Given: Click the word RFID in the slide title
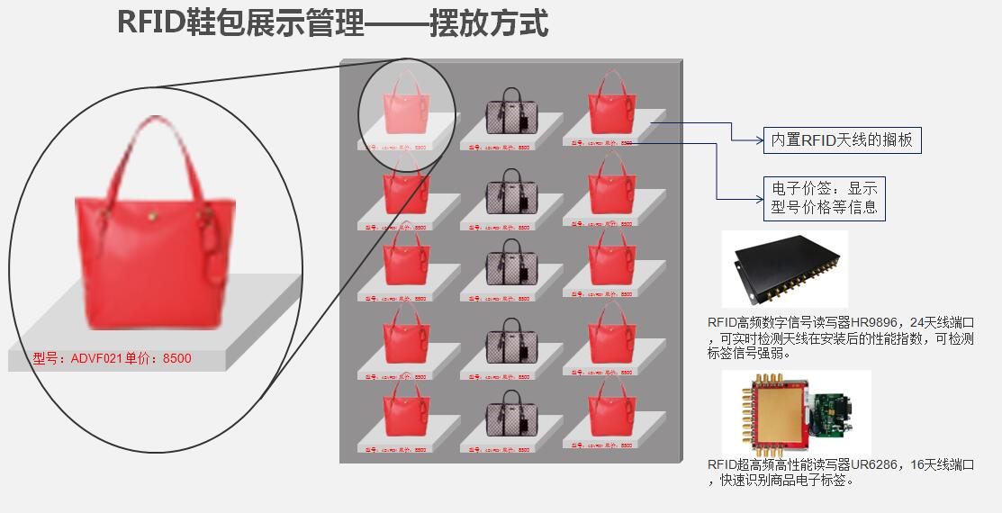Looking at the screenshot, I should [151, 23].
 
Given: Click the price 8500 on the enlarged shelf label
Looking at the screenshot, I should [176, 359].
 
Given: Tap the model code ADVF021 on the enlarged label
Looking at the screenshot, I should [96, 359].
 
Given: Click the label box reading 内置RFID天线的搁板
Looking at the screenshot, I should [842, 140].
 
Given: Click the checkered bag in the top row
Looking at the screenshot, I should [511, 112].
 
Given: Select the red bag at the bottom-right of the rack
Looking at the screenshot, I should [612, 413].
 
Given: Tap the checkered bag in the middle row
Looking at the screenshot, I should [511, 265].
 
